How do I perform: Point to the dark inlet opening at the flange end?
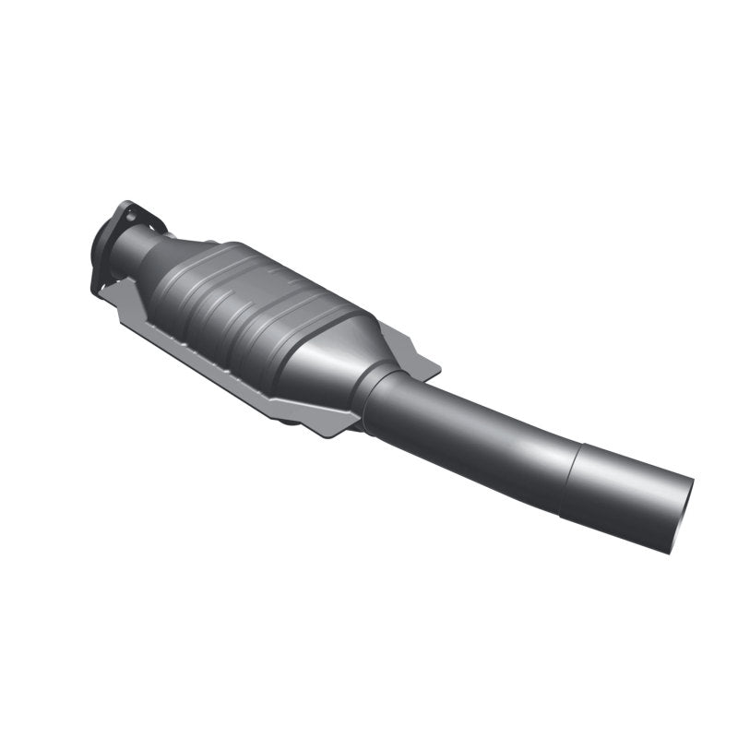pos(103,247)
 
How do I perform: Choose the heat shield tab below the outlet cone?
pos(341,424)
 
